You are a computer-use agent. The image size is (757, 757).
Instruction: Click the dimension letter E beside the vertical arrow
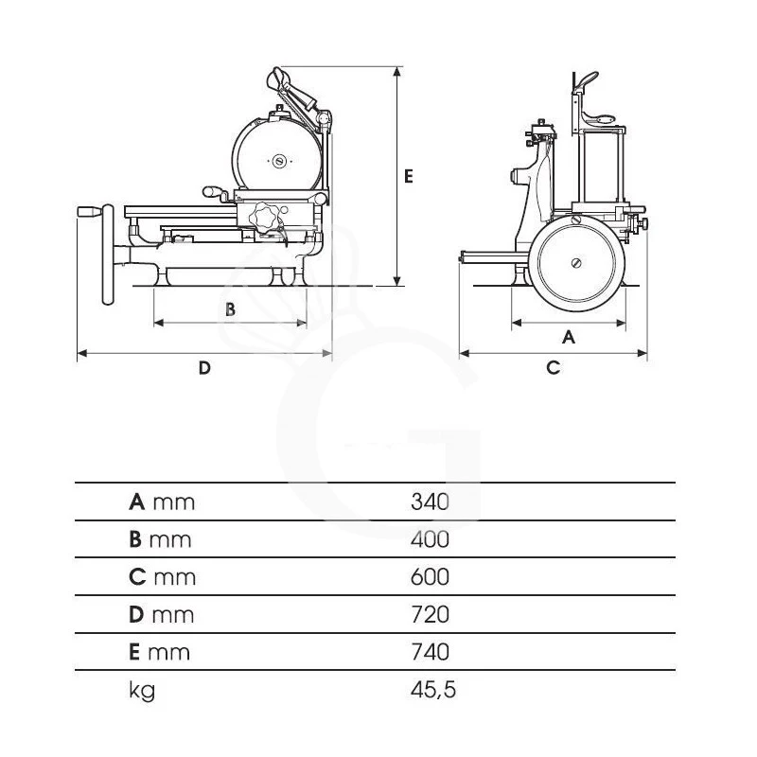tap(409, 175)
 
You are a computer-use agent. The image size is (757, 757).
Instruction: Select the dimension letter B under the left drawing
tap(229, 308)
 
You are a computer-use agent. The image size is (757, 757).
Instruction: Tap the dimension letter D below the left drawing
tap(203, 368)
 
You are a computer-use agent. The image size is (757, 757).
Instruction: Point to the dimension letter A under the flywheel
tap(569, 336)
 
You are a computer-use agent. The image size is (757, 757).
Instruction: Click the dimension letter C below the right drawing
tap(554, 367)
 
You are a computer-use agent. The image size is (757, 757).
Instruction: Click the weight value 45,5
tap(432, 690)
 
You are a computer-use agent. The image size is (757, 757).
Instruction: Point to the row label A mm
tap(161, 502)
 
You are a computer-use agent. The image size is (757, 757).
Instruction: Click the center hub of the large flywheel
tap(576, 264)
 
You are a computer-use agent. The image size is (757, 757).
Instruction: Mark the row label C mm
tap(161, 577)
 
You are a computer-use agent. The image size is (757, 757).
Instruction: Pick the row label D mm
tap(161, 615)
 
